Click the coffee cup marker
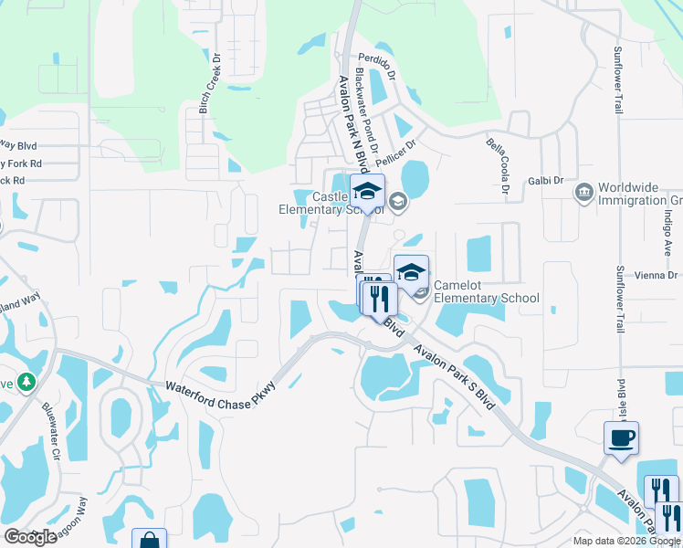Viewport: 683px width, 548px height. tap(621, 437)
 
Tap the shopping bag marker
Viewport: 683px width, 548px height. tap(149, 541)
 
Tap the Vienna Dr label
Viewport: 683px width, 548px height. tap(658, 275)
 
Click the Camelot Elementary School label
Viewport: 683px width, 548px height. tap(486, 291)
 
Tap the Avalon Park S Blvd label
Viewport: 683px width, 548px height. tap(453, 376)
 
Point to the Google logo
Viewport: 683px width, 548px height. tap(30, 537)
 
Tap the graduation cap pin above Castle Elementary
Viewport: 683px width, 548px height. tap(367, 192)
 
